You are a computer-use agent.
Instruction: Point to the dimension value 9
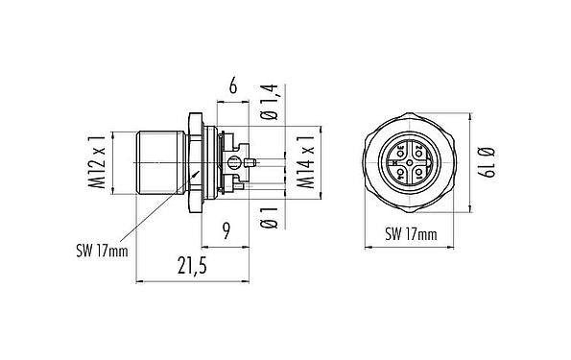[227, 230]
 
